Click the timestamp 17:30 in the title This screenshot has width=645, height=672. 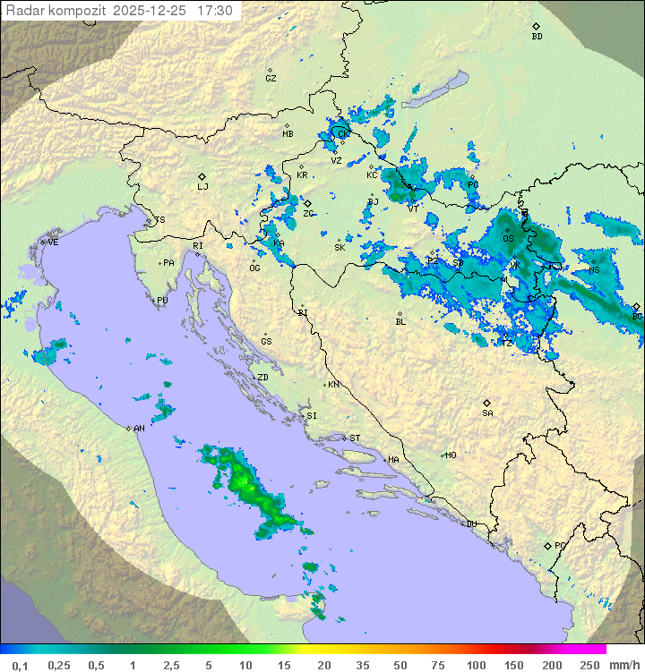click(215, 11)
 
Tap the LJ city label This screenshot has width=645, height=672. click(202, 187)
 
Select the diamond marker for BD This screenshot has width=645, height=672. click(536, 27)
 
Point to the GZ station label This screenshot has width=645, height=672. click(271, 79)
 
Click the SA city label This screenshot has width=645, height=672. click(487, 413)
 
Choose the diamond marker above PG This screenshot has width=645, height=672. click(547, 545)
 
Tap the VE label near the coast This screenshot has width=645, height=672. click(53, 242)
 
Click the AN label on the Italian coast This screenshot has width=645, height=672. click(139, 429)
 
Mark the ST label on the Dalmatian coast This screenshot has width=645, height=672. click(355, 438)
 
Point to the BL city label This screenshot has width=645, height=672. click(400, 322)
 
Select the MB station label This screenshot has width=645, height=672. click(288, 134)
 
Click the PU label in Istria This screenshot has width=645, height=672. click(162, 301)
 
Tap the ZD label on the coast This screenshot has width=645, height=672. click(262, 378)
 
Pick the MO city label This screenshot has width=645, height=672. click(451, 455)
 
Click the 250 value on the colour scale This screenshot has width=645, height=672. click(589, 665)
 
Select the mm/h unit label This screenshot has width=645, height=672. click(622, 665)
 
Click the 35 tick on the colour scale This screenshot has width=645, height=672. click(363, 665)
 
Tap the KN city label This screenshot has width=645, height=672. click(333, 385)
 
